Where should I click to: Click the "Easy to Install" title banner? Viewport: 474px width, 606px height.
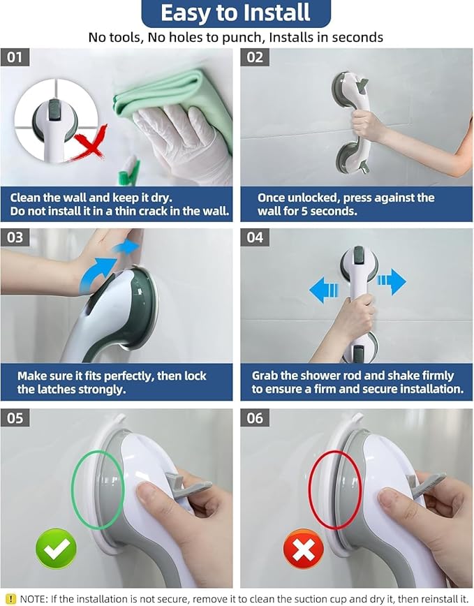tap(236, 13)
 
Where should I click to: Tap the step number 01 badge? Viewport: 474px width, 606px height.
tap(15, 57)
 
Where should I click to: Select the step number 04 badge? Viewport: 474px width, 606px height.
tap(255, 237)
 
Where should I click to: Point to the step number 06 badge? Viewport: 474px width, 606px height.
tap(255, 417)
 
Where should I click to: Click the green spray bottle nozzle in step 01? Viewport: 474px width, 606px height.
tap(128, 171)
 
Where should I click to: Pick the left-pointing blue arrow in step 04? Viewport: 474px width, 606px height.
tap(324, 288)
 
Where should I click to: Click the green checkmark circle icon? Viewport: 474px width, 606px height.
tap(56, 549)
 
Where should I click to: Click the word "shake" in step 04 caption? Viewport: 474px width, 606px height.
tap(371, 376)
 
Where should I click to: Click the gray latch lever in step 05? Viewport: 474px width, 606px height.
tap(187, 486)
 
